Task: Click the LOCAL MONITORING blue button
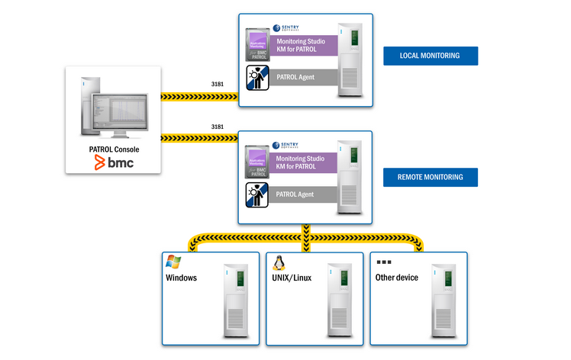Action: (x=431, y=56)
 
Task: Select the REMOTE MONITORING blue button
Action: (x=431, y=177)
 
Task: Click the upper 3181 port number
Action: (x=217, y=84)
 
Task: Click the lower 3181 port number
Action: (x=217, y=126)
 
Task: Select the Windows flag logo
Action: (x=174, y=262)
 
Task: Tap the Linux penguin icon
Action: (x=279, y=263)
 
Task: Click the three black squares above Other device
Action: (x=383, y=262)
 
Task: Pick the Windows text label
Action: (x=181, y=278)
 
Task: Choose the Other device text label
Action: (x=396, y=278)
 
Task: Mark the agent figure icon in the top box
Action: (x=257, y=79)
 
